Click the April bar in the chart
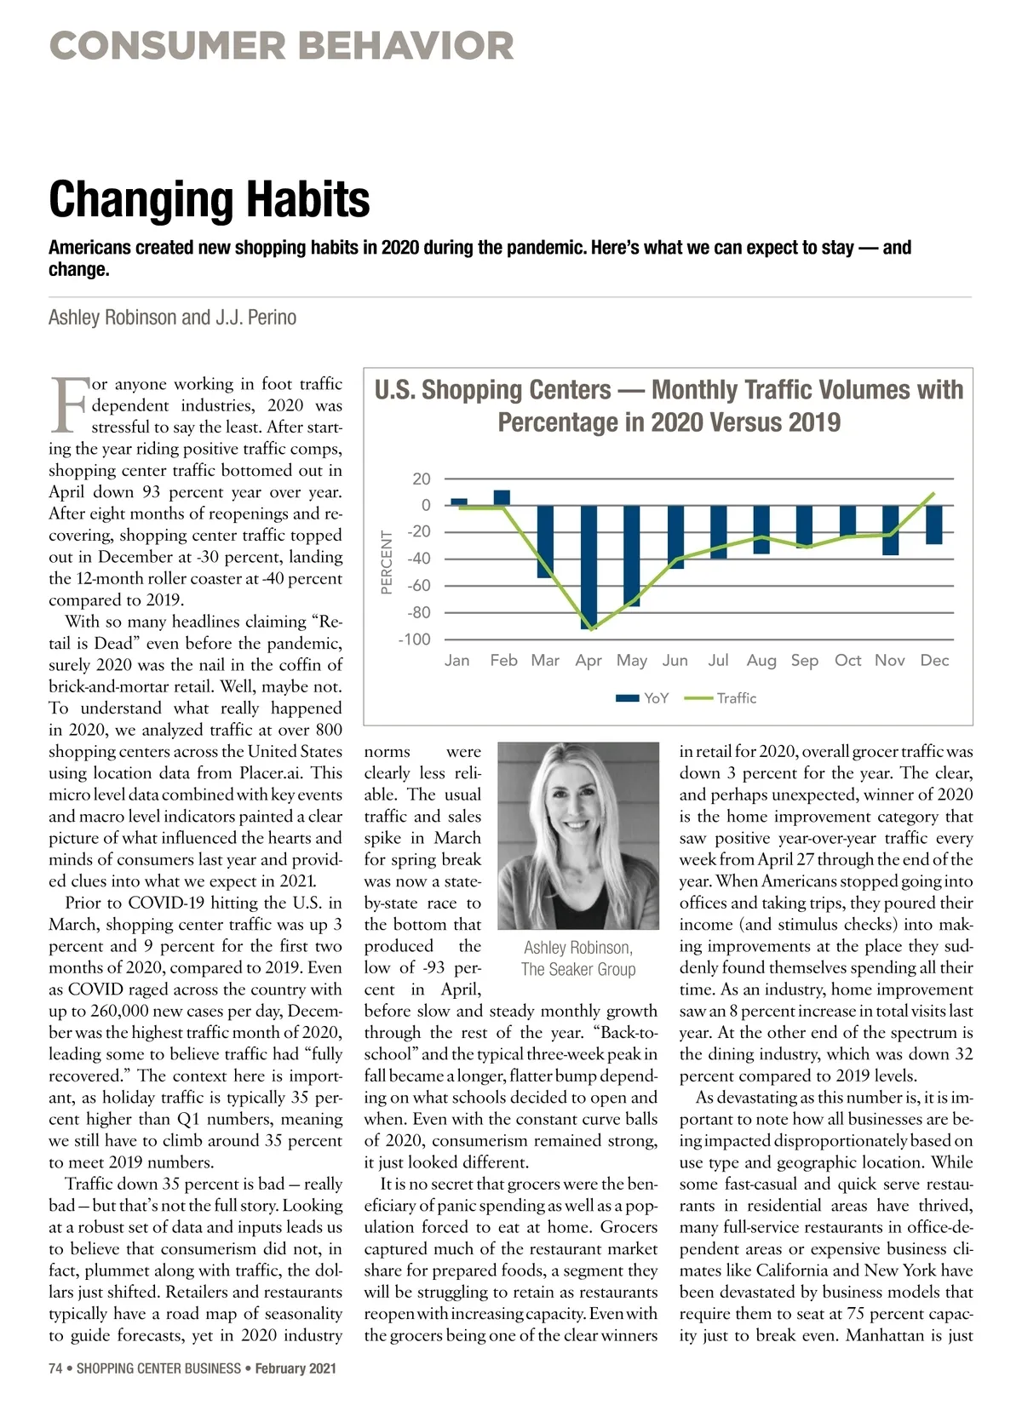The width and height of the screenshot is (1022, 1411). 589,566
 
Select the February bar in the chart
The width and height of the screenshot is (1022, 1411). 502,498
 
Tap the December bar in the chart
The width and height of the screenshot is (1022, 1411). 934,525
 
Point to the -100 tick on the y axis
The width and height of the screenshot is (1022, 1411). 415,640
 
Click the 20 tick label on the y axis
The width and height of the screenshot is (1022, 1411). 421,479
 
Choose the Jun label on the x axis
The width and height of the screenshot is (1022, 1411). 675,660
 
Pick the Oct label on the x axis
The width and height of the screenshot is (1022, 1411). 847,660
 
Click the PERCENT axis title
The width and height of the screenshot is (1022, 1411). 387,562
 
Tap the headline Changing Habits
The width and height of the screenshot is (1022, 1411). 210,199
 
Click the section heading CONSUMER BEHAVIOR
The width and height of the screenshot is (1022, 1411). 282,46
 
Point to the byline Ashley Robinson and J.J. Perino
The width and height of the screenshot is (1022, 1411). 172,318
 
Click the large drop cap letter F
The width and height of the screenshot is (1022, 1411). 67,404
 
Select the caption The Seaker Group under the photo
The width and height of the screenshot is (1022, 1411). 578,969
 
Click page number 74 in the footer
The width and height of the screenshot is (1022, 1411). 55,1368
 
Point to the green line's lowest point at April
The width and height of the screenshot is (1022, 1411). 590,629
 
